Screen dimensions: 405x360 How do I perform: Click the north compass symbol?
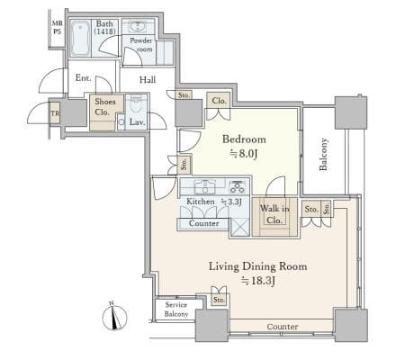pyautogui.click(x=114, y=317)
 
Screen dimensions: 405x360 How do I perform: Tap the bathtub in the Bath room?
pyautogui.click(x=80, y=38)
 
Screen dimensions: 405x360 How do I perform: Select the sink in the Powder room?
pyautogui.click(x=138, y=26)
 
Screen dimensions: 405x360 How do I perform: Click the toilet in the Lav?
pyautogui.click(x=137, y=103)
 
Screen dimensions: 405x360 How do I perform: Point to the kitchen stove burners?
pyautogui.click(x=238, y=186)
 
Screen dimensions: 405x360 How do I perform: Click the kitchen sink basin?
pyautogui.click(x=205, y=186)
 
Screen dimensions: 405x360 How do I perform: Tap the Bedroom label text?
pyautogui.click(x=244, y=139)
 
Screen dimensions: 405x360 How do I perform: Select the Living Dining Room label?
pyautogui.click(x=257, y=266)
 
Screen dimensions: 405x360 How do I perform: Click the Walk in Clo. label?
pyautogui.click(x=274, y=214)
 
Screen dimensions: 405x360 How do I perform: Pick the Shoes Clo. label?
pyautogui.click(x=105, y=107)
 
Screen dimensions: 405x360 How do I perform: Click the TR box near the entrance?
pyautogui.click(x=55, y=113)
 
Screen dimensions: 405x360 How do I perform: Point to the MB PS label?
pyautogui.click(x=57, y=27)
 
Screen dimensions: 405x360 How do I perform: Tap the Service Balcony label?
pyautogui.click(x=176, y=310)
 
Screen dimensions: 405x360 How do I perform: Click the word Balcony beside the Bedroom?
pyautogui.click(x=323, y=154)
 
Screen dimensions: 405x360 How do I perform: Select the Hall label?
pyautogui.click(x=148, y=80)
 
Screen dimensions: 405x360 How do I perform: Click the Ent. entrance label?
pyautogui.click(x=83, y=78)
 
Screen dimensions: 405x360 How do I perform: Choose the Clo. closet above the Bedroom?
pyautogui.click(x=219, y=101)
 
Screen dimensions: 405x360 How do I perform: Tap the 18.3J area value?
pyautogui.click(x=258, y=281)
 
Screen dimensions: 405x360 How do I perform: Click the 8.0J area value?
pyautogui.click(x=244, y=154)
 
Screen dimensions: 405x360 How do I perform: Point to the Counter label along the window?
pyautogui.click(x=283, y=327)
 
